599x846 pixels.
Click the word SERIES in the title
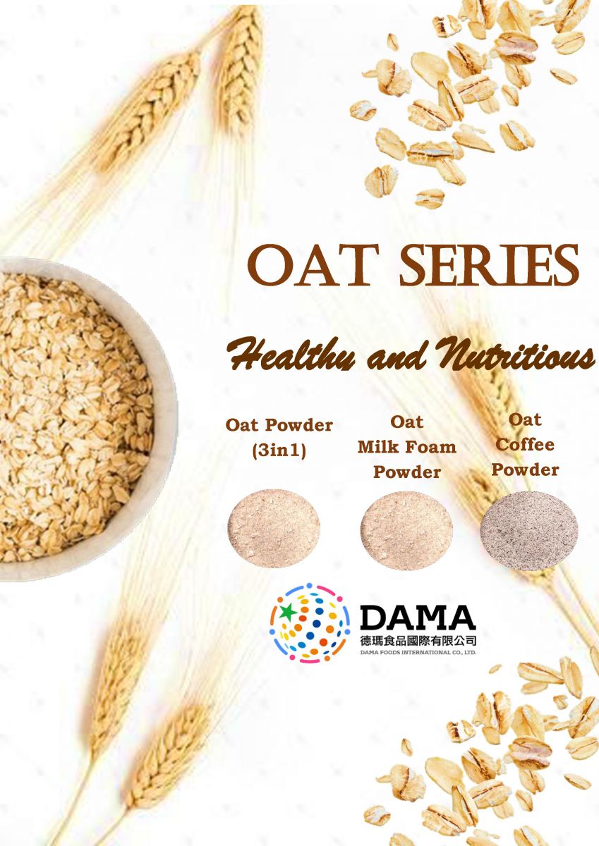489,266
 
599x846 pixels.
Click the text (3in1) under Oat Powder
279,450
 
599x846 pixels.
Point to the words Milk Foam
407,447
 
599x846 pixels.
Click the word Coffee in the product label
525,445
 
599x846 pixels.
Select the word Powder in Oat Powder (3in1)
298,426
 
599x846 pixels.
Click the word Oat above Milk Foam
407,422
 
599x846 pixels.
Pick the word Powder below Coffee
525,470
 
